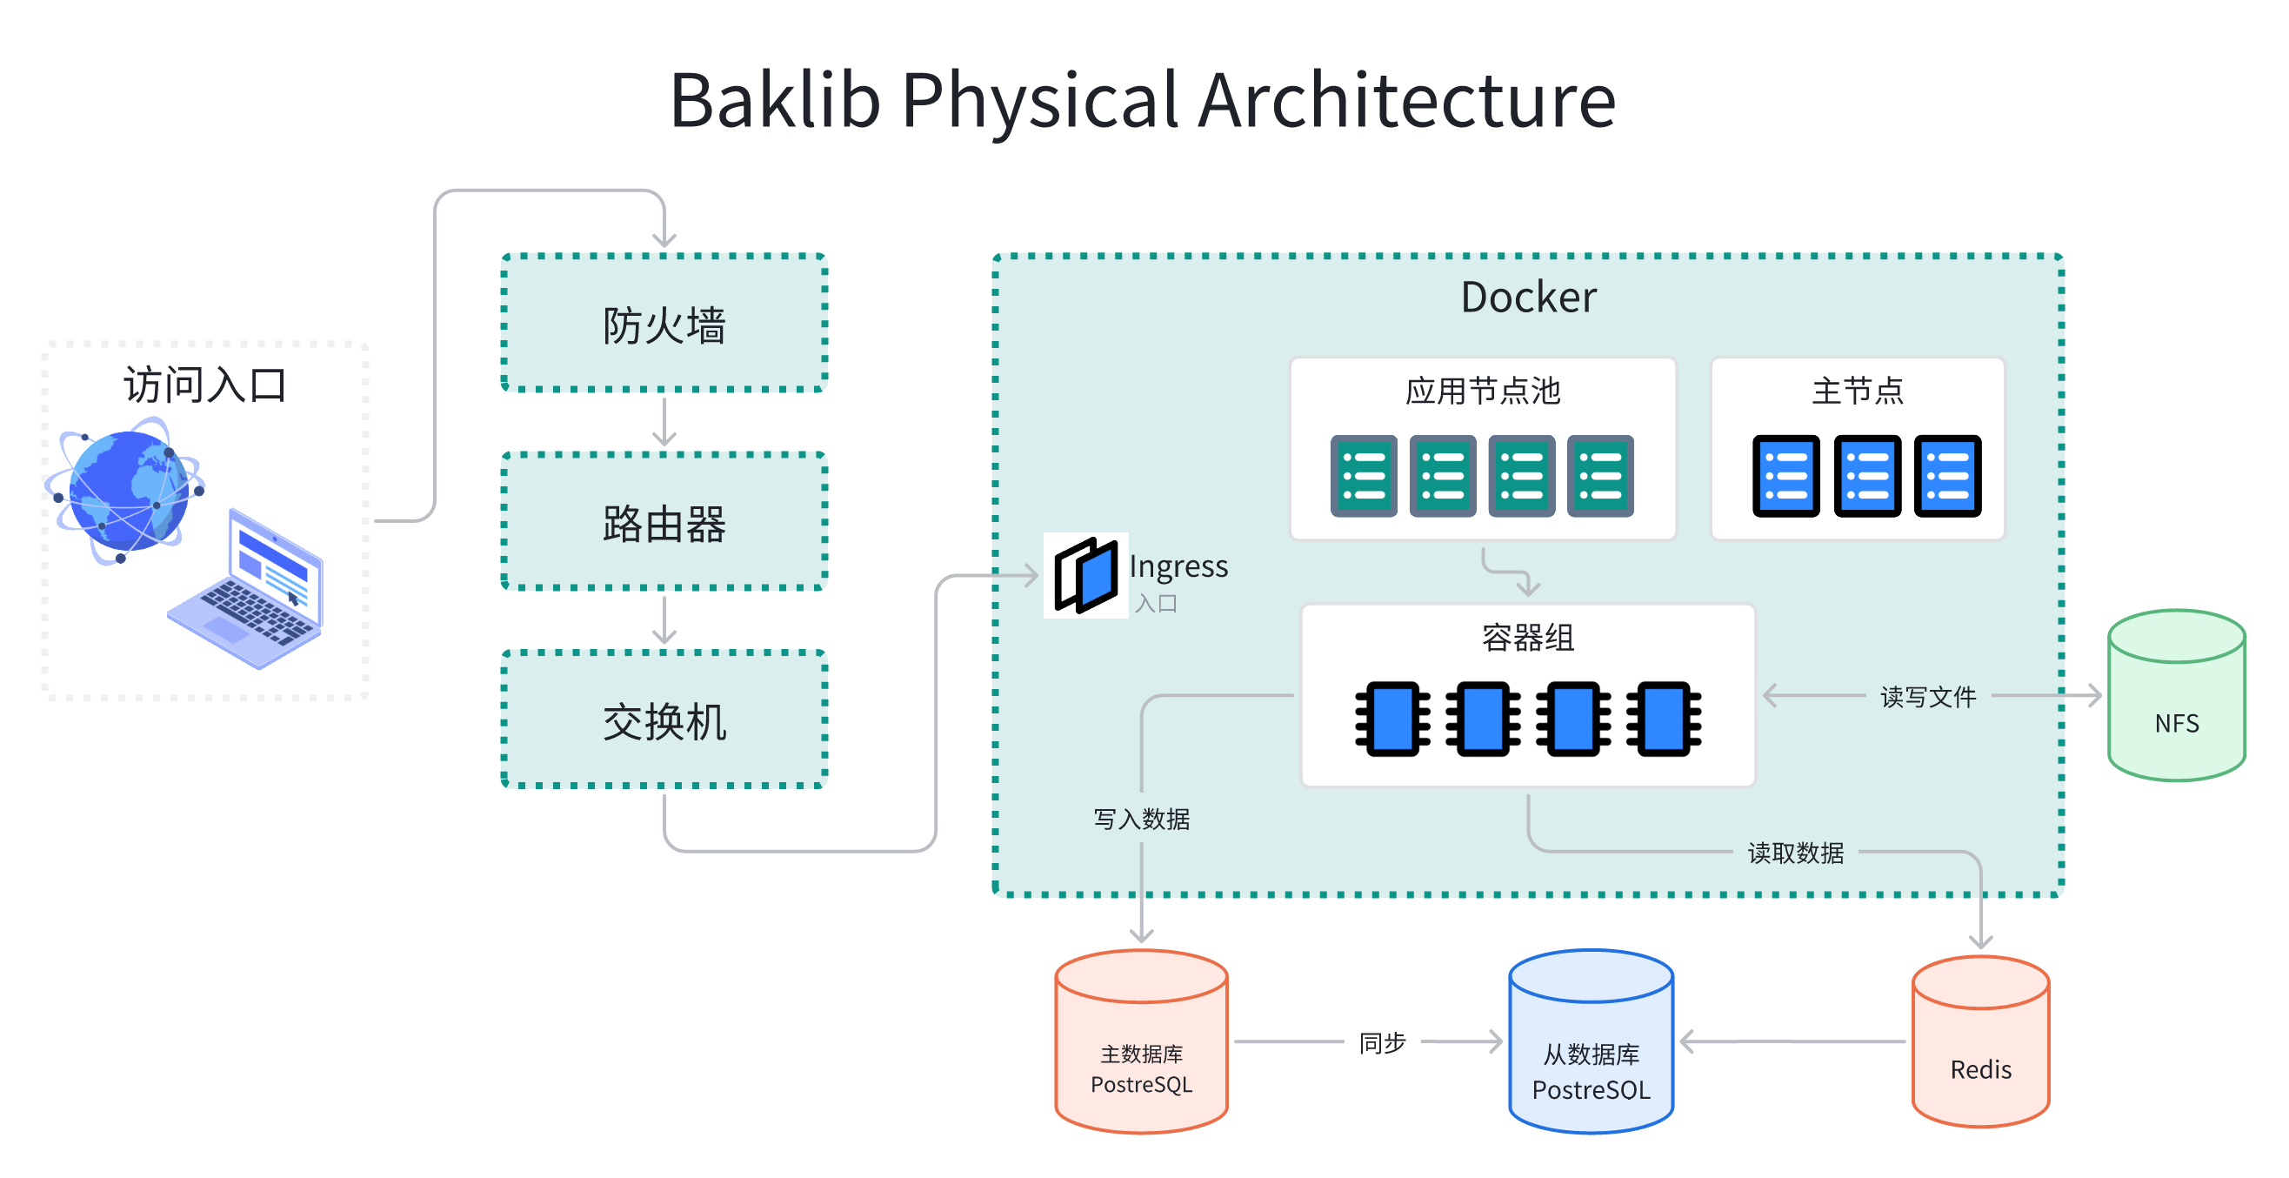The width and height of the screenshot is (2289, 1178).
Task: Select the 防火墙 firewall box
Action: click(x=664, y=324)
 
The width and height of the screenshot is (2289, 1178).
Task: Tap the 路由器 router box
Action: click(x=664, y=522)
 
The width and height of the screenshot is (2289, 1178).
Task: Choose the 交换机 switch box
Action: click(x=664, y=720)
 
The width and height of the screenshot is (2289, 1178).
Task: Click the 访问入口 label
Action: click(x=204, y=385)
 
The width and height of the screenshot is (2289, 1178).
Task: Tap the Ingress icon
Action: click(x=1085, y=575)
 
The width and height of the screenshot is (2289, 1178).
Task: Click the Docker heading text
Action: click(x=1527, y=297)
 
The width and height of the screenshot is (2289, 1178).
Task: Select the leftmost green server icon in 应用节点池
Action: click(x=1363, y=476)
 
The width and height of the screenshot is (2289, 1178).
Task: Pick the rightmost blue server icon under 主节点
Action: click(x=1947, y=476)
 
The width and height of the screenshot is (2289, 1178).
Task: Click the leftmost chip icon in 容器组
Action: click(x=1391, y=719)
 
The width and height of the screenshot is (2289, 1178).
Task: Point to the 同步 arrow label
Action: click(x=1382, y=1042)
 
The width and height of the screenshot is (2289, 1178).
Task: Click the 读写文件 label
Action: click(x=1927, y=696)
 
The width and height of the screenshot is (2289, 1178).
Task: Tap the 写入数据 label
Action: click(x=1141, y=819)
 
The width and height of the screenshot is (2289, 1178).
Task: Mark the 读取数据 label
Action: click(x=1795, y=853)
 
